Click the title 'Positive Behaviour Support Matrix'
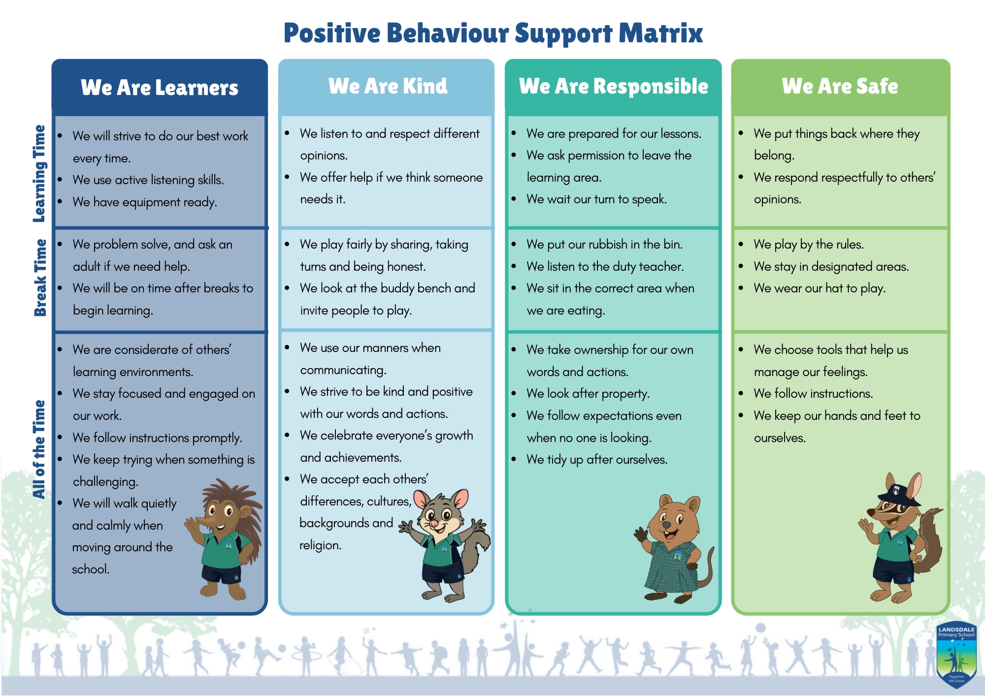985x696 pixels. (x=493, y=33)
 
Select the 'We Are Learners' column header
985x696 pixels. (x=160, y=88)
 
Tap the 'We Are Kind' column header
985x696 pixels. (x=388, y=86)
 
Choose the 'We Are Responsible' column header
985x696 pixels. (x=614, y=86)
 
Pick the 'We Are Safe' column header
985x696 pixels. (x=840, y=86)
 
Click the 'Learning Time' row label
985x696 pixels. (x=39, y=173)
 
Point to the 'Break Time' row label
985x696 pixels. (x=40, y=278)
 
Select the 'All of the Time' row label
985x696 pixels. (x=39, y=449)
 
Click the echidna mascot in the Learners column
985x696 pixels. (x=224, y=539)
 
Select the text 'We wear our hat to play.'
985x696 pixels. (x=820, y=288)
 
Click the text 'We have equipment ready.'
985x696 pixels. (x=145, y=202)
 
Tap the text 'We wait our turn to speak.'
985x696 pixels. (x=596, y=199)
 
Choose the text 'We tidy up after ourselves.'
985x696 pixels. (x=597, y=460)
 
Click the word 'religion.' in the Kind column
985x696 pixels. (x=321, y=545)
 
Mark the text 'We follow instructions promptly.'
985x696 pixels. (x=158, y=438)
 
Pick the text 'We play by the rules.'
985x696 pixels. (x=809, y=245)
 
